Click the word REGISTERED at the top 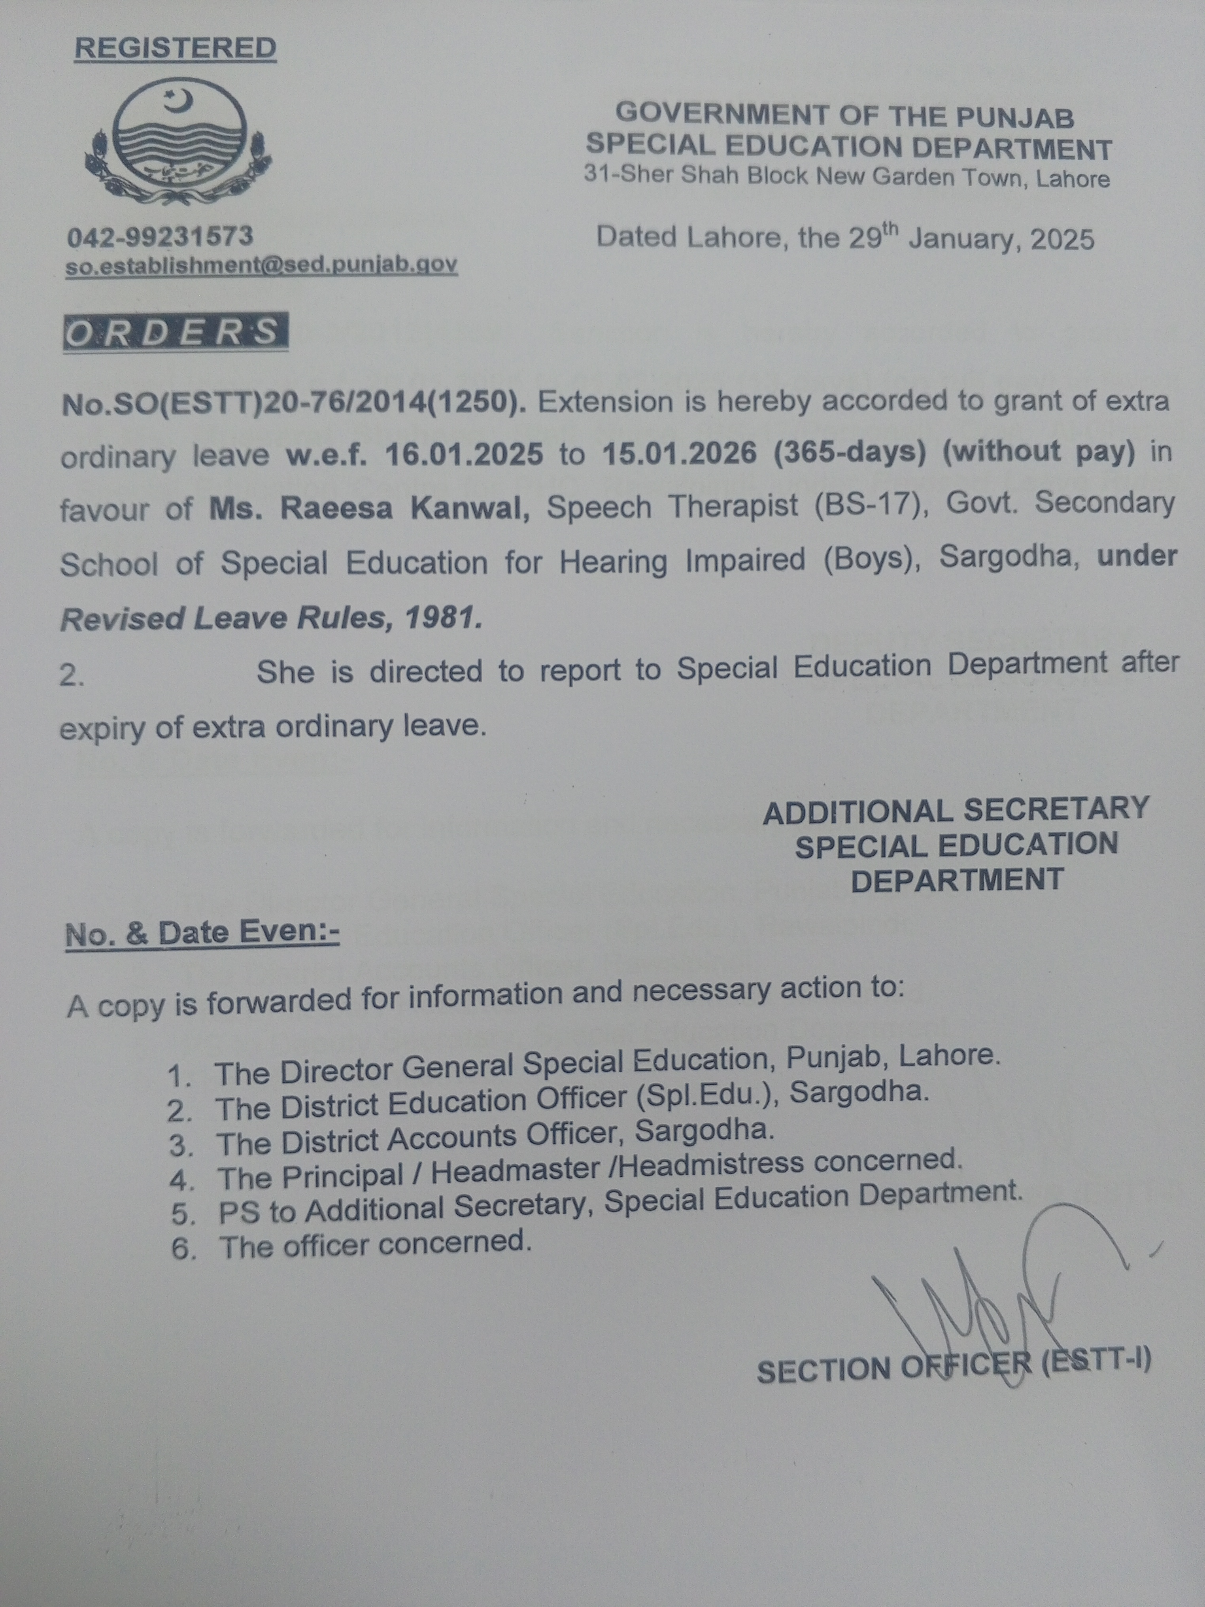coord(175,48)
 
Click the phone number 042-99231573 coord(160,236)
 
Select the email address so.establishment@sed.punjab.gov coord(261,265)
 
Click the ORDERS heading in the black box coord(174,332)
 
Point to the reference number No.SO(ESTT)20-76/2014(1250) coord(294,403)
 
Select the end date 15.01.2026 coord(679,453)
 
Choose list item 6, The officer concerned coord(374,1244)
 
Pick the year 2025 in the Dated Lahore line coord(1060,239)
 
